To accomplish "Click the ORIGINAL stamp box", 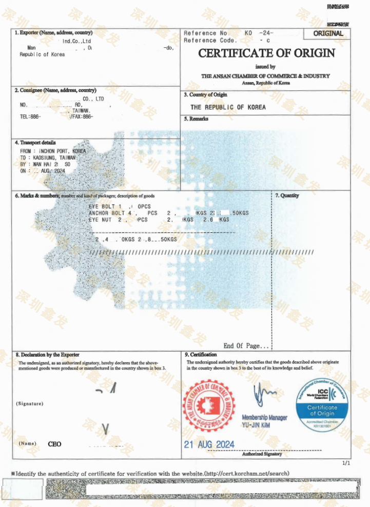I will click(x=329, y=34).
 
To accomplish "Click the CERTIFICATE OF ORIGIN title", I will click(x=266, y=53).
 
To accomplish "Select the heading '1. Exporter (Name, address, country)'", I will click(x=54, y=33).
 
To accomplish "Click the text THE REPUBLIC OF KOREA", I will click(x=228, y=107).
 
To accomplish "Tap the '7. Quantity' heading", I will click(x=287, y=196).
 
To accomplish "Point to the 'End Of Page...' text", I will click(x=246, y=346).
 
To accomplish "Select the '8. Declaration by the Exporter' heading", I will click(x=47, y=355).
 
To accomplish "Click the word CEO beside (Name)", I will click(x=54, y=444).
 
